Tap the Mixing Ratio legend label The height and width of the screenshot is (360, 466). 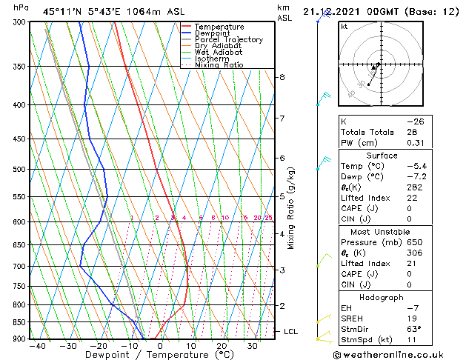click(219, 65)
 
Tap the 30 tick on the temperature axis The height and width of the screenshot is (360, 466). click(253, 346)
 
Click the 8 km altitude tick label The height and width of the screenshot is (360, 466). click(282, 77)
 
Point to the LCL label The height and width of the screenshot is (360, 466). click(290, 331)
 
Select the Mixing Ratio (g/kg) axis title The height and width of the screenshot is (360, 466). click(291, 208)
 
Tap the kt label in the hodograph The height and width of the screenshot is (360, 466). click(344, 27)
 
